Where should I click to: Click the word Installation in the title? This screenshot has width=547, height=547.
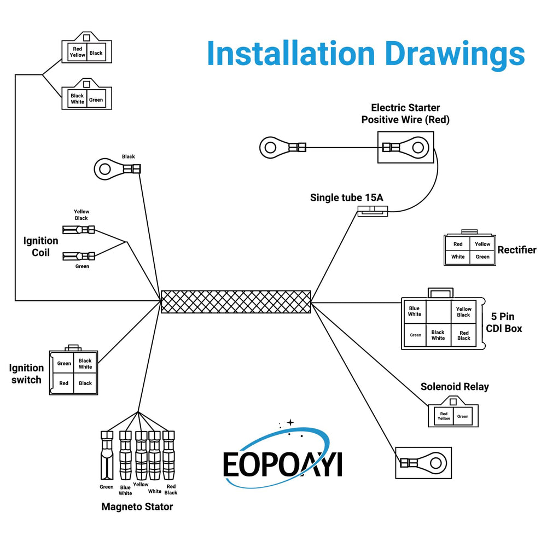[291, 54]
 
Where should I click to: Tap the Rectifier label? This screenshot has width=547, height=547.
[517, 250]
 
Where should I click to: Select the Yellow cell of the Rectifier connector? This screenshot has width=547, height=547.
[482, 244]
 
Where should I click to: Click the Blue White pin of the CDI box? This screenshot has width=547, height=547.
[415, 311]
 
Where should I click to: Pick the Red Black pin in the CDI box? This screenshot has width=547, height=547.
[464, 335]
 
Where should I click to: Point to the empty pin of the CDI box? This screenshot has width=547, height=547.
[439, 312]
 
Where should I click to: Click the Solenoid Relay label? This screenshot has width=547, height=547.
[455, 387]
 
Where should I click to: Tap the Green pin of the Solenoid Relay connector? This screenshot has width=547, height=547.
[463, 416]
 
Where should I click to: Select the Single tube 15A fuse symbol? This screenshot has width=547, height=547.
[373, 211]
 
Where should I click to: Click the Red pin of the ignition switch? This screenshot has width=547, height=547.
[63, 383]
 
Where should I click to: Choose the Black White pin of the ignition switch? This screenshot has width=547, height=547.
[85, 364]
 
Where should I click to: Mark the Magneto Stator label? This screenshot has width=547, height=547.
[137, 507]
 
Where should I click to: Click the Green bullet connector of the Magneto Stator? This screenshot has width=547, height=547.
[107, 455]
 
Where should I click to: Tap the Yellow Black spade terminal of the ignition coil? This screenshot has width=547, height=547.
[78, 230]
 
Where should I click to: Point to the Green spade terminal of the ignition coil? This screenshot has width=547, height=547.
[78, 257]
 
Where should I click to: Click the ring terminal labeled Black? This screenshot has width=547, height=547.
[117, 169]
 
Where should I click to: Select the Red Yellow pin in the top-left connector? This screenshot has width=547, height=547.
[77, 52]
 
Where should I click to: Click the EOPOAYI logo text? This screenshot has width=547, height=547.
[283, 464]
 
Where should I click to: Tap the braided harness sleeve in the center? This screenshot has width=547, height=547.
[236, 302]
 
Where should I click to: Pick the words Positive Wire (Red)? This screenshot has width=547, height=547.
[405, 120]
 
